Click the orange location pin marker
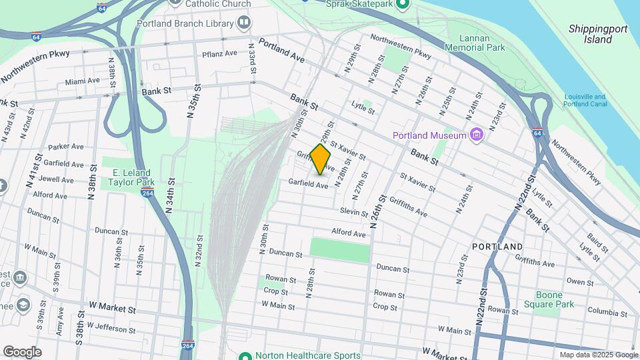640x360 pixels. coord(320,159)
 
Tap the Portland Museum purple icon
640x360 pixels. coord(476,135)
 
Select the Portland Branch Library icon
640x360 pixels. coord(244,23)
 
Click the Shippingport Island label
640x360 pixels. coord(590,34)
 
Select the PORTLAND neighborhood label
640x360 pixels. coord(497,247)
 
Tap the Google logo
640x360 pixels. coord(22,352)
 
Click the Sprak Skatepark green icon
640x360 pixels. coord(402,5)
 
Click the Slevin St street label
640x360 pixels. coord(354,211)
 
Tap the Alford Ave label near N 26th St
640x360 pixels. coord(349,234)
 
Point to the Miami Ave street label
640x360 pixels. coord(83,81)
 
